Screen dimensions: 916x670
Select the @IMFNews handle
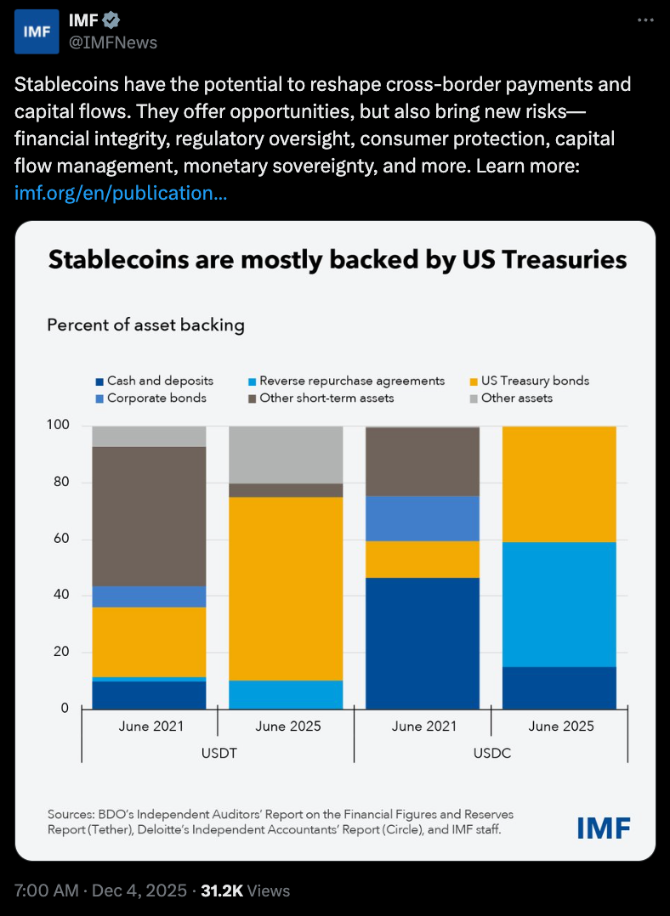click(113, 42)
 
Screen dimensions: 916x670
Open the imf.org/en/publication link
click(121, 193)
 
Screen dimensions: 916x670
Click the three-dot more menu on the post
click(646, 20)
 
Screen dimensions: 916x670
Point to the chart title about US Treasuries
click(337, 259)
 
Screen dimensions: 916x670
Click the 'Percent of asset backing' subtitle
click(145, 325)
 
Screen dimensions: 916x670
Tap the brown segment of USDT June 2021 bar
click(149, 516)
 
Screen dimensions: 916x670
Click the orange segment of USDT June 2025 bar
click(286, 588)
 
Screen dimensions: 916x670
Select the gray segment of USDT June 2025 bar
click(286, 455)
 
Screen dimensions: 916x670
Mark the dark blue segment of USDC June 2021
click(423, 642)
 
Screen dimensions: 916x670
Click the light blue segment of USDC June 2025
click(559, 604)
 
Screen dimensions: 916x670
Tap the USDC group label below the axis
click(491, 754)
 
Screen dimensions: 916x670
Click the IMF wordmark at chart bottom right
click(604, 827)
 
